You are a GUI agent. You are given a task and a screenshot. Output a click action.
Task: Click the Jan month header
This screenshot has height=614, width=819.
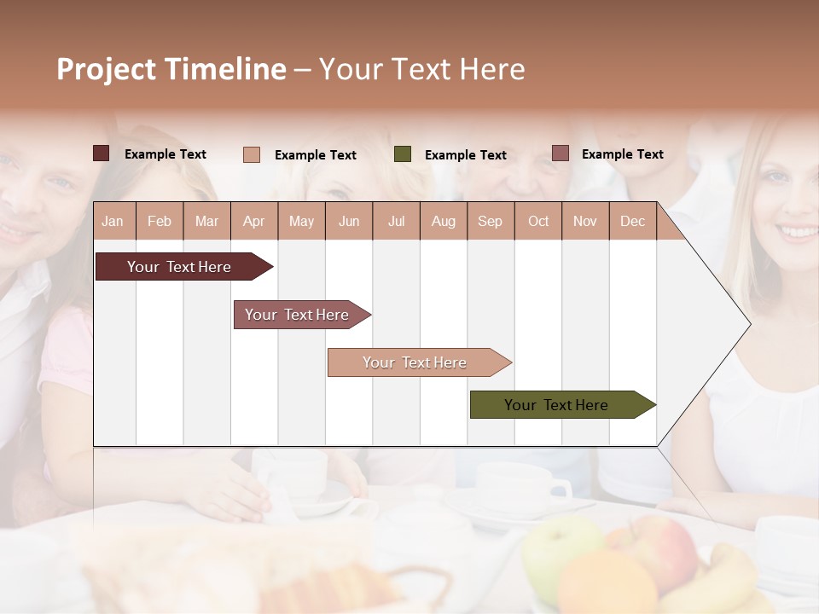pyautogui.click(x=113, y=221)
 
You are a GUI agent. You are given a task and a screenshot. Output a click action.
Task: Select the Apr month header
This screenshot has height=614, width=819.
pyautogui.click(x=254, y=221)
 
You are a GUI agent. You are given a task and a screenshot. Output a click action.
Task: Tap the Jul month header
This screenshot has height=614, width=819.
pyautogui.click(x=396, y=221)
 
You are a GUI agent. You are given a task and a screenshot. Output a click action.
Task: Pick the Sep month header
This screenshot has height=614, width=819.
pyautogui.click(x=490, y=221)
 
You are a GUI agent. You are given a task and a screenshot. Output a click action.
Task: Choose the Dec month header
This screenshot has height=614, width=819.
pyautogui.click(x=632, y=221)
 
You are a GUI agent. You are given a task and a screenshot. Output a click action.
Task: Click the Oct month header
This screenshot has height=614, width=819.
pyautogui.click(x=538, y=221)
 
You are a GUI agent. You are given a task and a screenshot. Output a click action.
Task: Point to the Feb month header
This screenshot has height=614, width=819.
pyautogui.click(x=160, y=221)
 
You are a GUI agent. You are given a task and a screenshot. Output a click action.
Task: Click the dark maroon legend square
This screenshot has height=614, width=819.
pyautogui.click(x=102, y=153)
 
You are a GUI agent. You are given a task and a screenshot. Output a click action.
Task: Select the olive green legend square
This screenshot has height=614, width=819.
pyautogui.click(x=403, y=154)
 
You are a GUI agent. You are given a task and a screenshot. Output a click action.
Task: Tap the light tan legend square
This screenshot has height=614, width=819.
pyautogui.click(x=252, y=154)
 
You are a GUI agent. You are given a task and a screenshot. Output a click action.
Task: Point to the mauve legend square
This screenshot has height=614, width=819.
pyautogui.click(x=560, y=153)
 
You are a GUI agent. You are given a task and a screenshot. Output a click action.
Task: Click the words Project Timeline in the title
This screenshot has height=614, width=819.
pyautogui.click(x=171, y=69)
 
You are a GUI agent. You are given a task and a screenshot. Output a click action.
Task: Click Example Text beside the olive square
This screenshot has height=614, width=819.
pyautogui.click(x=465, y=155)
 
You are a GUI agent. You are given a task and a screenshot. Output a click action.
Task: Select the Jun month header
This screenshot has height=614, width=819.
pyautogui.click(x=349, y=221)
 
